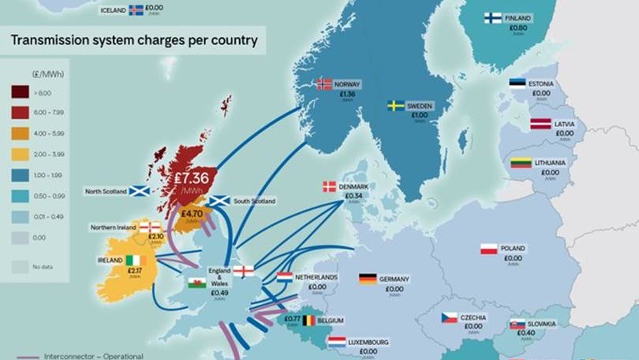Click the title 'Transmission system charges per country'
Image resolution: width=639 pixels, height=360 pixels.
(133, 39)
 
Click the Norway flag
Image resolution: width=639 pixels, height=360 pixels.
(324, 84)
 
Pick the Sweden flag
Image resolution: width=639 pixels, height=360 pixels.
(395, 105)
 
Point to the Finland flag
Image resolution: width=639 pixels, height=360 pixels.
(493, 18)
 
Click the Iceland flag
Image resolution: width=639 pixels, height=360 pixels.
(136, 10)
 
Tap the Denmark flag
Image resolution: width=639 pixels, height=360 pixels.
(330, 187)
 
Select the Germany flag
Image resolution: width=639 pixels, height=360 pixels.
(368, 279)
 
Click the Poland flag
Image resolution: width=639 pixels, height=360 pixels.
(489, 249)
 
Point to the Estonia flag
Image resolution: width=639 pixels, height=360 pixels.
(517, 84)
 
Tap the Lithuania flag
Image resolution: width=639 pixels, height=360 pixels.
(520, 163)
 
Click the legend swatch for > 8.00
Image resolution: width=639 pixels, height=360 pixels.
(19, 93)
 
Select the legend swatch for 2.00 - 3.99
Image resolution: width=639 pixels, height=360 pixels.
(19, 153)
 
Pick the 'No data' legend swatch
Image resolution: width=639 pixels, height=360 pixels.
(19, 268)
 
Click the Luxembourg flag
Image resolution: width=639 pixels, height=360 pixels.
(337, 342)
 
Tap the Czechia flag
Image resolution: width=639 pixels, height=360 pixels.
(450, 317)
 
